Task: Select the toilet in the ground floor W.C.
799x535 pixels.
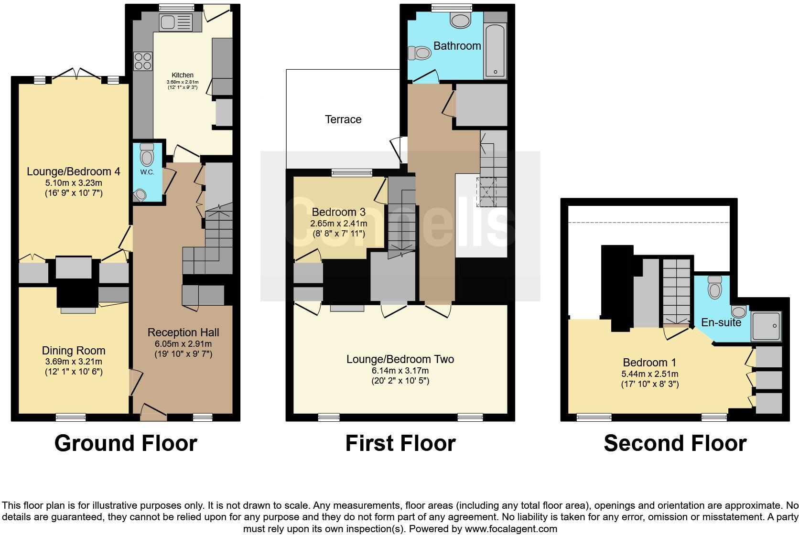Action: point(147,155)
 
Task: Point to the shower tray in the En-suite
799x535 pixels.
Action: point(766,326)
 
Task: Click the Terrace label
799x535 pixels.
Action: point(343,119)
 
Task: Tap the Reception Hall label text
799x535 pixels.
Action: point(183,332)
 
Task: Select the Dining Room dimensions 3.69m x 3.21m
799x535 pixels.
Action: point(73,362)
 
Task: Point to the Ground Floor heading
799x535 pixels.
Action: point(126,443)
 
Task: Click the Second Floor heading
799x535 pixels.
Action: point(675,443)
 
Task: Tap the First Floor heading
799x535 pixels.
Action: point(400,443)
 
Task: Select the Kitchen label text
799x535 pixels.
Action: point(183,75)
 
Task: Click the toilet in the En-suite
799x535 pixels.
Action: point(714,288)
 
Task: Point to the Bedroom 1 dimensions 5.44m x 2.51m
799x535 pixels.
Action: point(649,374)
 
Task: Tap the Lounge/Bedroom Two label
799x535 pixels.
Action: point(400,359)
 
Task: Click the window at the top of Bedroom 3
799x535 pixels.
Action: point(352,173)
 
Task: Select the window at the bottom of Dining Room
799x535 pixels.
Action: point(70,417)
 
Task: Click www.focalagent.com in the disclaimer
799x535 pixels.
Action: point(511,529)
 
